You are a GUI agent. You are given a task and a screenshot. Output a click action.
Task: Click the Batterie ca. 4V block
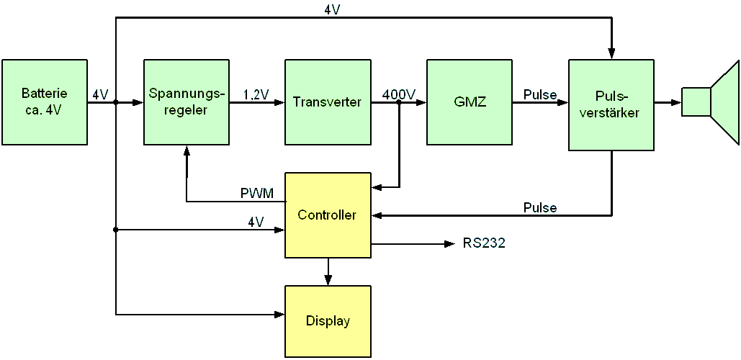pos(45,102)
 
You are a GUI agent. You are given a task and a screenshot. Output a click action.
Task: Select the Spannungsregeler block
pos(187,102)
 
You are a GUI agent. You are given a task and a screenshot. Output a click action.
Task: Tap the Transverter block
pos(328,102)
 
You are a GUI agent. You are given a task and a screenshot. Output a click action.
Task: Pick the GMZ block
pos(470,102)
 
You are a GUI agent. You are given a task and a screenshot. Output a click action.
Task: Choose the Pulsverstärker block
pos(611,105)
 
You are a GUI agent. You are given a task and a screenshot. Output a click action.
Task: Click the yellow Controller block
pos(328,215)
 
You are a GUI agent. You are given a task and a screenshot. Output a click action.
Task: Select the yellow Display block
pos(328,321)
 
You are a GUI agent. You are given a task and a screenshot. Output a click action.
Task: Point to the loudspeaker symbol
pos(710,102)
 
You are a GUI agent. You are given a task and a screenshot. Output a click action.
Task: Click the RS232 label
pos(484,243)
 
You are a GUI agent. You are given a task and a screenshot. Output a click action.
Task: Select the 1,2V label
pos(256,94)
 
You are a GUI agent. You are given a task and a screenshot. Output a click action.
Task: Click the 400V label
pos(399,94)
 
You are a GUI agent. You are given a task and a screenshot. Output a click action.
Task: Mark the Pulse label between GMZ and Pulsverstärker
pos(540,94)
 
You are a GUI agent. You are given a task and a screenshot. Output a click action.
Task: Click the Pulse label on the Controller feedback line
pos(540,208)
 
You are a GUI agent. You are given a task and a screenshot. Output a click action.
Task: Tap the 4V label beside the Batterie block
pos(100,94)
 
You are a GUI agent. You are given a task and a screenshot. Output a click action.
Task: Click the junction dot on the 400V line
pos(399,102)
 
